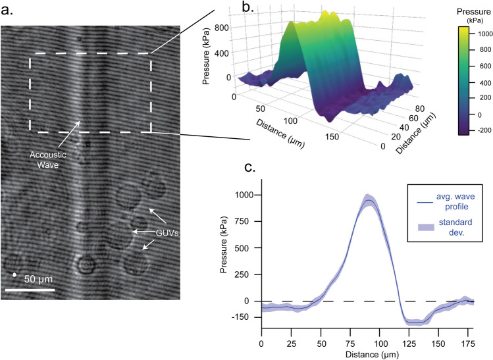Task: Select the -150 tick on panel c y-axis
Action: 247,318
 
